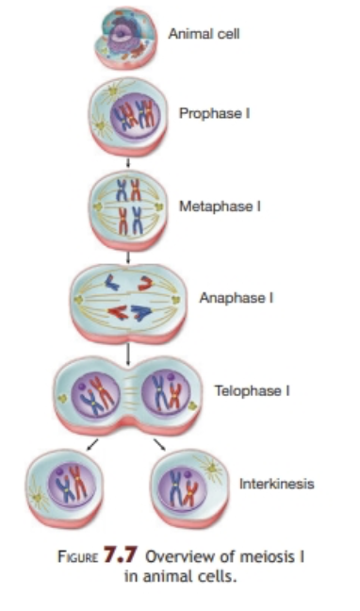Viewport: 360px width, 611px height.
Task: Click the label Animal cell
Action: [204, 34]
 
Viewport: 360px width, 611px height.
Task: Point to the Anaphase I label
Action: [236, 298]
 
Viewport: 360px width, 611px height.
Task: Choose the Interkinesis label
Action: [276, 484]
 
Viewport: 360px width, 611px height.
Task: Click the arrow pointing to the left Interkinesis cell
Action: [92, 444]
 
